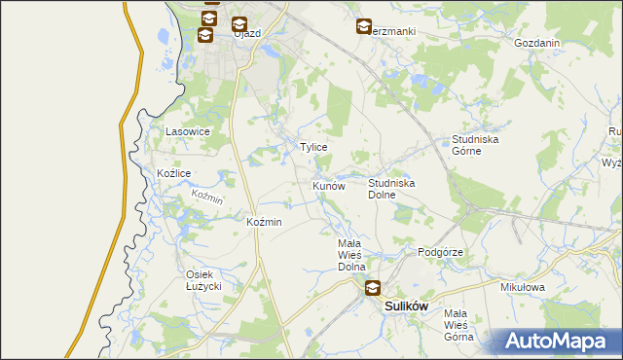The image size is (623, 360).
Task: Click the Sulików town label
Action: click(x=407, y=306)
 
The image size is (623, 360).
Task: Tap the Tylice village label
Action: click(x=312, y=147)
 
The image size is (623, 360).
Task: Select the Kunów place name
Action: click(x=329, y=185)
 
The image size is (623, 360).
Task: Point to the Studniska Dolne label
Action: click(x=392, y=188)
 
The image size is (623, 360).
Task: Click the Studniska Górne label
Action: click(x=475, y=145)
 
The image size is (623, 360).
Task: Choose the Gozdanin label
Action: click(x=536, y=44)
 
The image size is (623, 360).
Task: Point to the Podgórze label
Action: click(x=440, y=252)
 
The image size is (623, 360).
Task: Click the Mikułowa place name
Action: click(x=522, y=288)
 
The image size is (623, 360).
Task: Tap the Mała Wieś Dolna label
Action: click(x=350, y=255)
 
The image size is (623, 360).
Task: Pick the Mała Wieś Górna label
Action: click(x=458, y=325)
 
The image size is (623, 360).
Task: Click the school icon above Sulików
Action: click(x=373, y=287)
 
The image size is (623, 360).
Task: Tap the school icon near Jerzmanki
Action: click(x=364, y=27)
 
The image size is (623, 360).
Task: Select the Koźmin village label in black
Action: click(x=265, y=222)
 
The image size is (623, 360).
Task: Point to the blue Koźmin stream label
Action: click(x=207, y=197)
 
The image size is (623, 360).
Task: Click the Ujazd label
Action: click(x=247, y=32)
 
